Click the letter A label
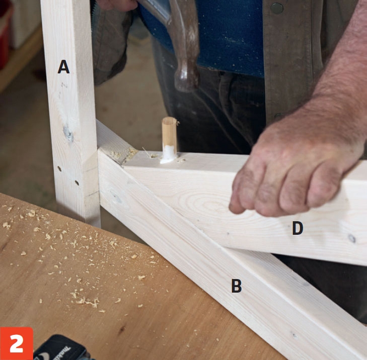(x=63, y=67)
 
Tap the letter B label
(x=237, y=286)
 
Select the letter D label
(x=298, y=228)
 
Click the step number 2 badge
(x=17, y=343)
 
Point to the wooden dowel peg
(x=169, y=136)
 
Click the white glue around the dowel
(x=169, y=154)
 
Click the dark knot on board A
(x=68, y=133)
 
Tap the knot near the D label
(x=352, y=238)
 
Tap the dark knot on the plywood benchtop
(x=121, y=330)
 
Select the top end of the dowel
(x=169, y=119)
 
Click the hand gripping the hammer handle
(x=117, y=5)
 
